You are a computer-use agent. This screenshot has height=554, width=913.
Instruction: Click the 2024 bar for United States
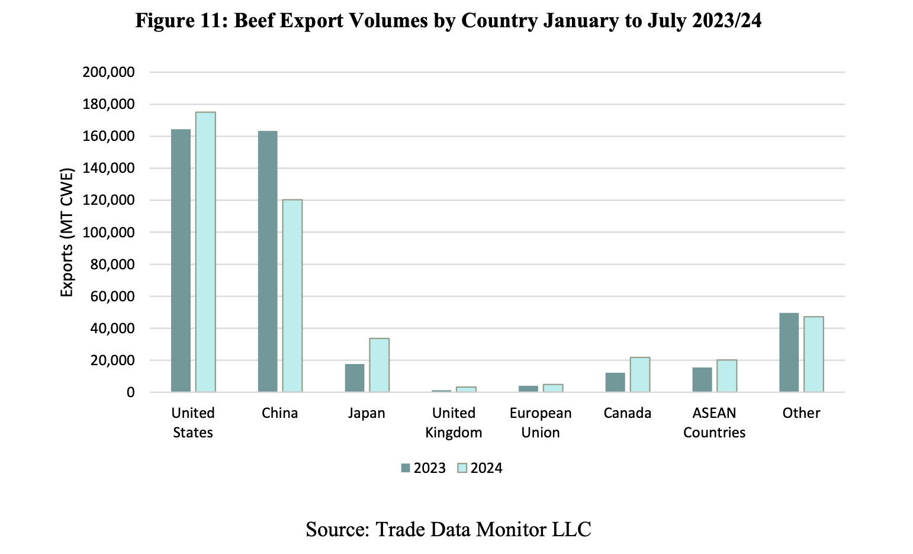[205, 252]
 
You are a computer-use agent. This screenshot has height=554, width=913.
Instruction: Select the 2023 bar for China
[268, 261]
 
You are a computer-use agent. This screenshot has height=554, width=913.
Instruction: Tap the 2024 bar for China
[292, 295]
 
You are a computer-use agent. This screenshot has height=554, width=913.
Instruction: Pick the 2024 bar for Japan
[380, 365]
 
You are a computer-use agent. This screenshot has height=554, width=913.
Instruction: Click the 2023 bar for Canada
[615, 382]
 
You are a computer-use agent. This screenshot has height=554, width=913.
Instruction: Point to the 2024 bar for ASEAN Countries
[727, 376]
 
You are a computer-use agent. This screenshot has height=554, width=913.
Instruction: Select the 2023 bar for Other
[789, 352]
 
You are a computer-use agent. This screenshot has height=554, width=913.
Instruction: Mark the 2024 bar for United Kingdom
[466, 389]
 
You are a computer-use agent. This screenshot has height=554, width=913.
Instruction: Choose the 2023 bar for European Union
[529, 389]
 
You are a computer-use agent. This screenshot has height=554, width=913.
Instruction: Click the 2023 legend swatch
[406, 468]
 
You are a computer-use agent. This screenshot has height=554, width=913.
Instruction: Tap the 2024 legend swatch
[462, 468]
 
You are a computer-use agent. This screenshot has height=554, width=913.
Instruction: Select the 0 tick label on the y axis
[129, 392]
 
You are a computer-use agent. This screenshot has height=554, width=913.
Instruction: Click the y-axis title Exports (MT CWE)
[67, 233]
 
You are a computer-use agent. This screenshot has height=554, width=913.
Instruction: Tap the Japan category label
[367, 413]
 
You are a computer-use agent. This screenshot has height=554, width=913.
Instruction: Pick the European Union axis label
[541, 423]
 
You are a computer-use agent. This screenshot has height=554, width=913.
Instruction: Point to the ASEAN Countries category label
[714, 423]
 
